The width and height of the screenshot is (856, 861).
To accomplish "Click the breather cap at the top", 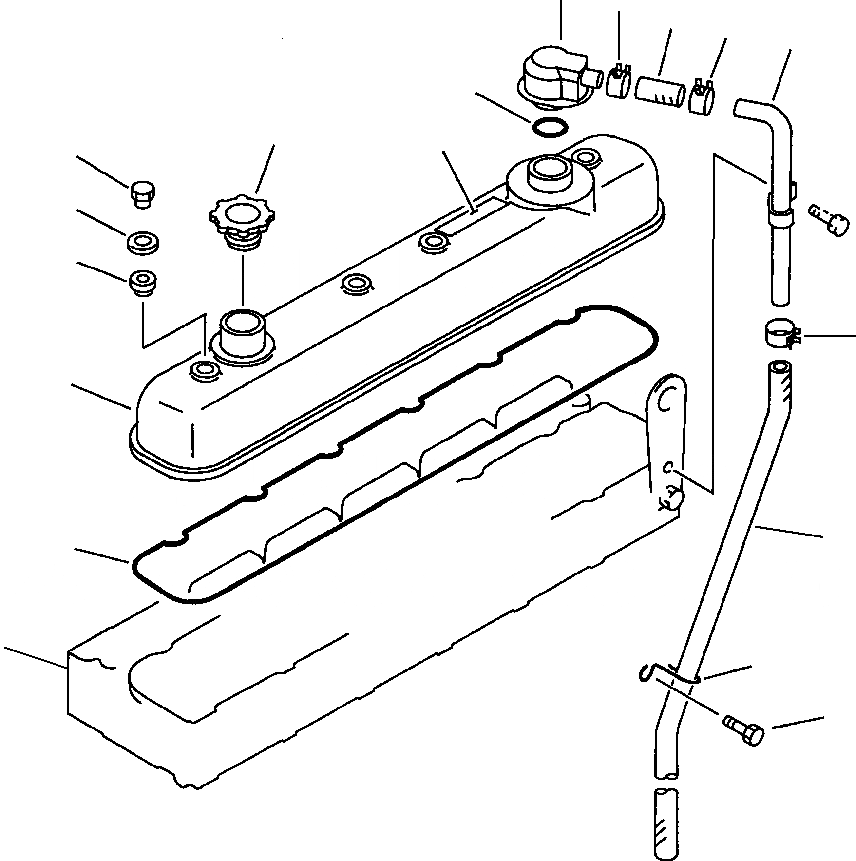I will point(551,76).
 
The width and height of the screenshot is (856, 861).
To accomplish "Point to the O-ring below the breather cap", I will point(549,127).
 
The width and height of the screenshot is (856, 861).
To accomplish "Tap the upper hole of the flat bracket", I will point(673,391).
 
